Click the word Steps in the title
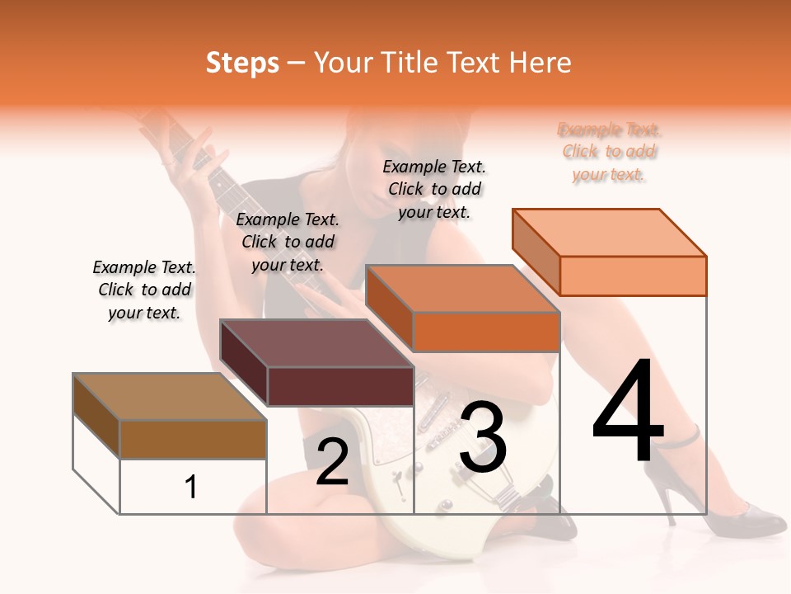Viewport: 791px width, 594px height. click(242, 63)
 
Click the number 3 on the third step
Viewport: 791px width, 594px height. click(483, 438)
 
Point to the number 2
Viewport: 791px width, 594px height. click(332, 462)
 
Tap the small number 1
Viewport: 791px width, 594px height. click(191, 488)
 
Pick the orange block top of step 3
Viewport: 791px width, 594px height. click(461, 289)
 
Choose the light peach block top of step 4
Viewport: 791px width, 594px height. click(609, 233)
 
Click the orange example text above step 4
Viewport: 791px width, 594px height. click(610, 152)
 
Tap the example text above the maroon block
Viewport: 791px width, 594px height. click(288, 242)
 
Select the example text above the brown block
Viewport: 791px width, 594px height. click(144, 290)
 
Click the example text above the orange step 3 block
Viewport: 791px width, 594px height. click(434, 189)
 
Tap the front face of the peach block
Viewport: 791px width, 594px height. click(633, 276)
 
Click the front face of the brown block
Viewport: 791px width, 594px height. click(193, 440)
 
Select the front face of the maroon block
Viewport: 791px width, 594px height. click(340, 386)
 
